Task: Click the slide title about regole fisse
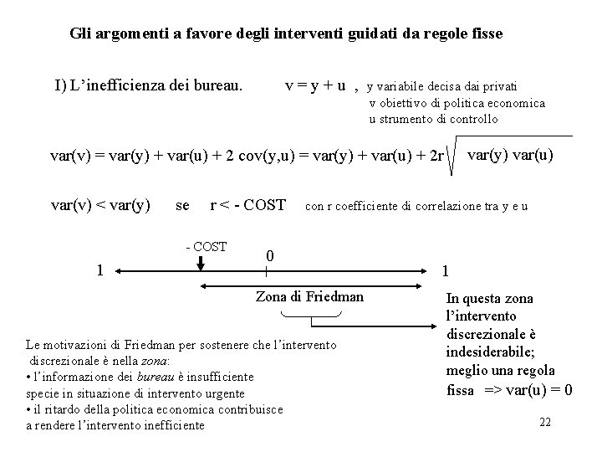point(287,34)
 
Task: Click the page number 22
point(545,422)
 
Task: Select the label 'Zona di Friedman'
point(309,296)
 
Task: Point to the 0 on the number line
point(268,255)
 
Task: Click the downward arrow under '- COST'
point(202,263)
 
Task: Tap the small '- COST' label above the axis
point(205,246)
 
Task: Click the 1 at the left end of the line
point(99,270)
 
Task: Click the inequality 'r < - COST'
point(247,205)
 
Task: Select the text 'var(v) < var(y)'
point(101,205)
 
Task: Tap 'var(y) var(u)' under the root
point(510,155)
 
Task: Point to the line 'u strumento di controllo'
point(433,119)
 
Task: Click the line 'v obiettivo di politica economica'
point(457,103)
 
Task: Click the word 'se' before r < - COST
point(182,205)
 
